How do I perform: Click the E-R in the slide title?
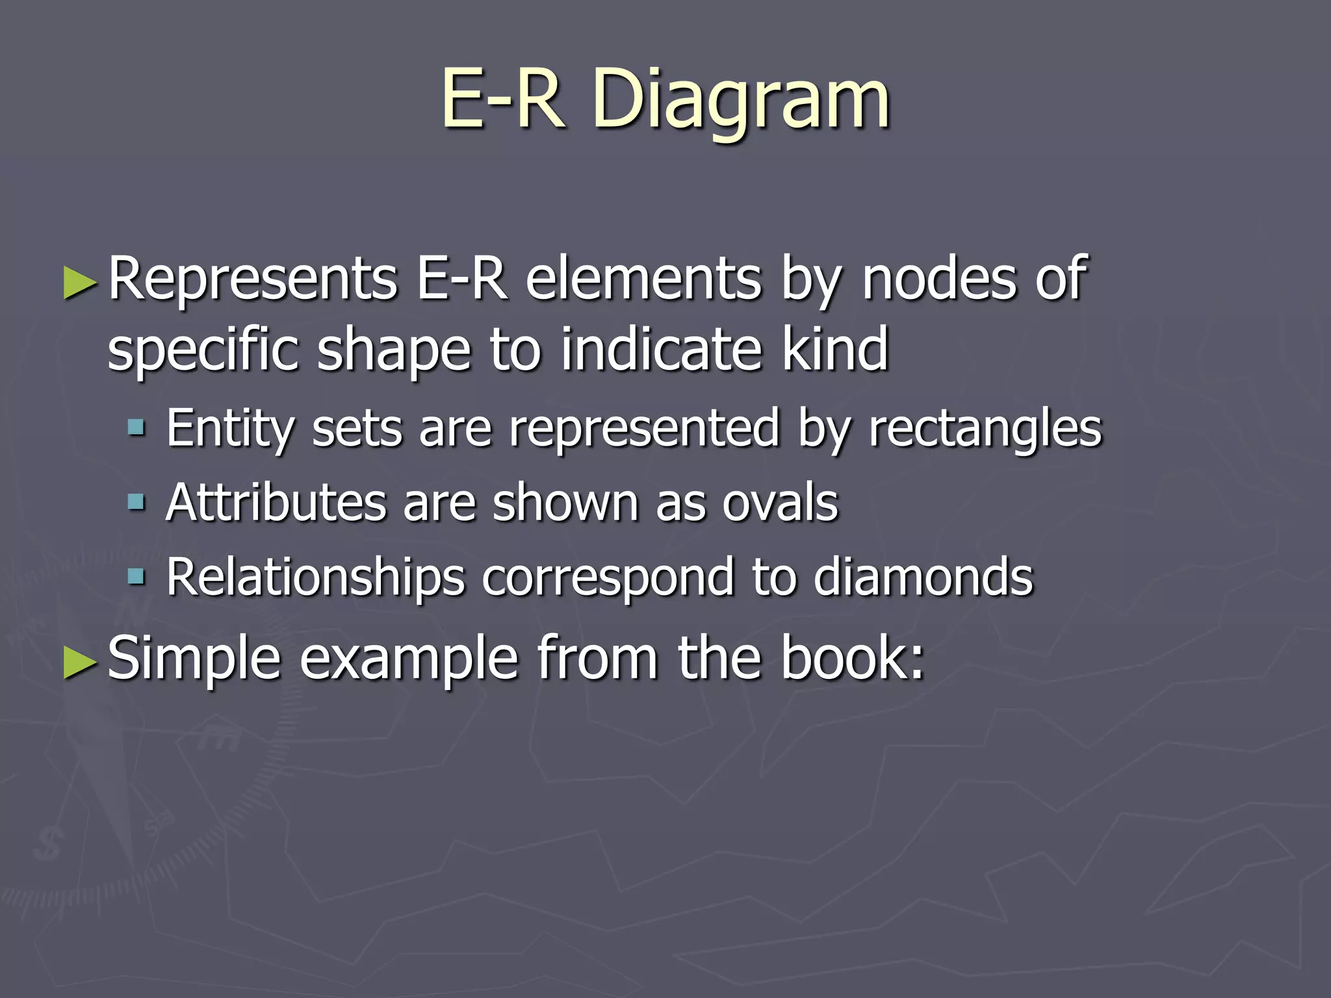(x=502, y=99)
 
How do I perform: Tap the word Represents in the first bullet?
(x=252, y=279)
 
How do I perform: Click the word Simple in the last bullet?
(x=194, y=659)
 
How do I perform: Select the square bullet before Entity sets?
(x=136, y=428)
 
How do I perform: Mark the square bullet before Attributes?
(x=136, y=502)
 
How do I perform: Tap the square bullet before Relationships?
(x=136, y=576)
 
